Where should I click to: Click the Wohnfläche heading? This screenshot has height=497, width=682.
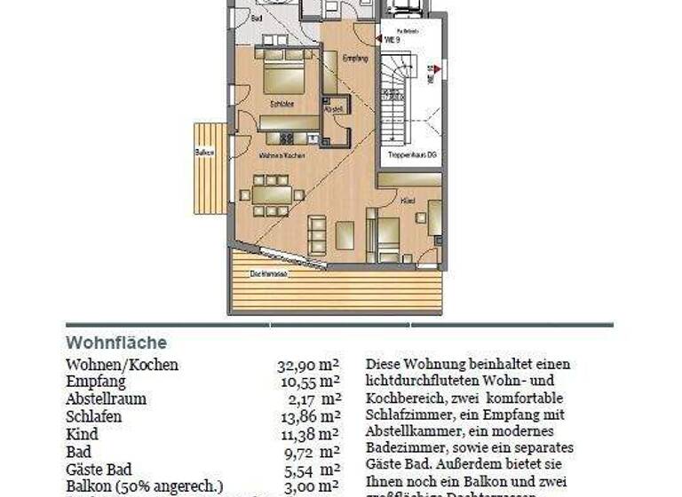(115, 343)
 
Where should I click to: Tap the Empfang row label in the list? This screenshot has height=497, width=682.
(96, 382)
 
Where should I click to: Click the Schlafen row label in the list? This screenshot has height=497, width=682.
(93, 416)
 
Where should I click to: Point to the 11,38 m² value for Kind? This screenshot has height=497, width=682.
(310, 434)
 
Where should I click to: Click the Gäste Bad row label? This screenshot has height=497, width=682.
(99, 469)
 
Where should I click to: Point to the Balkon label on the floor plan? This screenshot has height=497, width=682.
(205, 152)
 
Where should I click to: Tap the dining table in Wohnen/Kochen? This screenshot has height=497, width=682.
(273, 193)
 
